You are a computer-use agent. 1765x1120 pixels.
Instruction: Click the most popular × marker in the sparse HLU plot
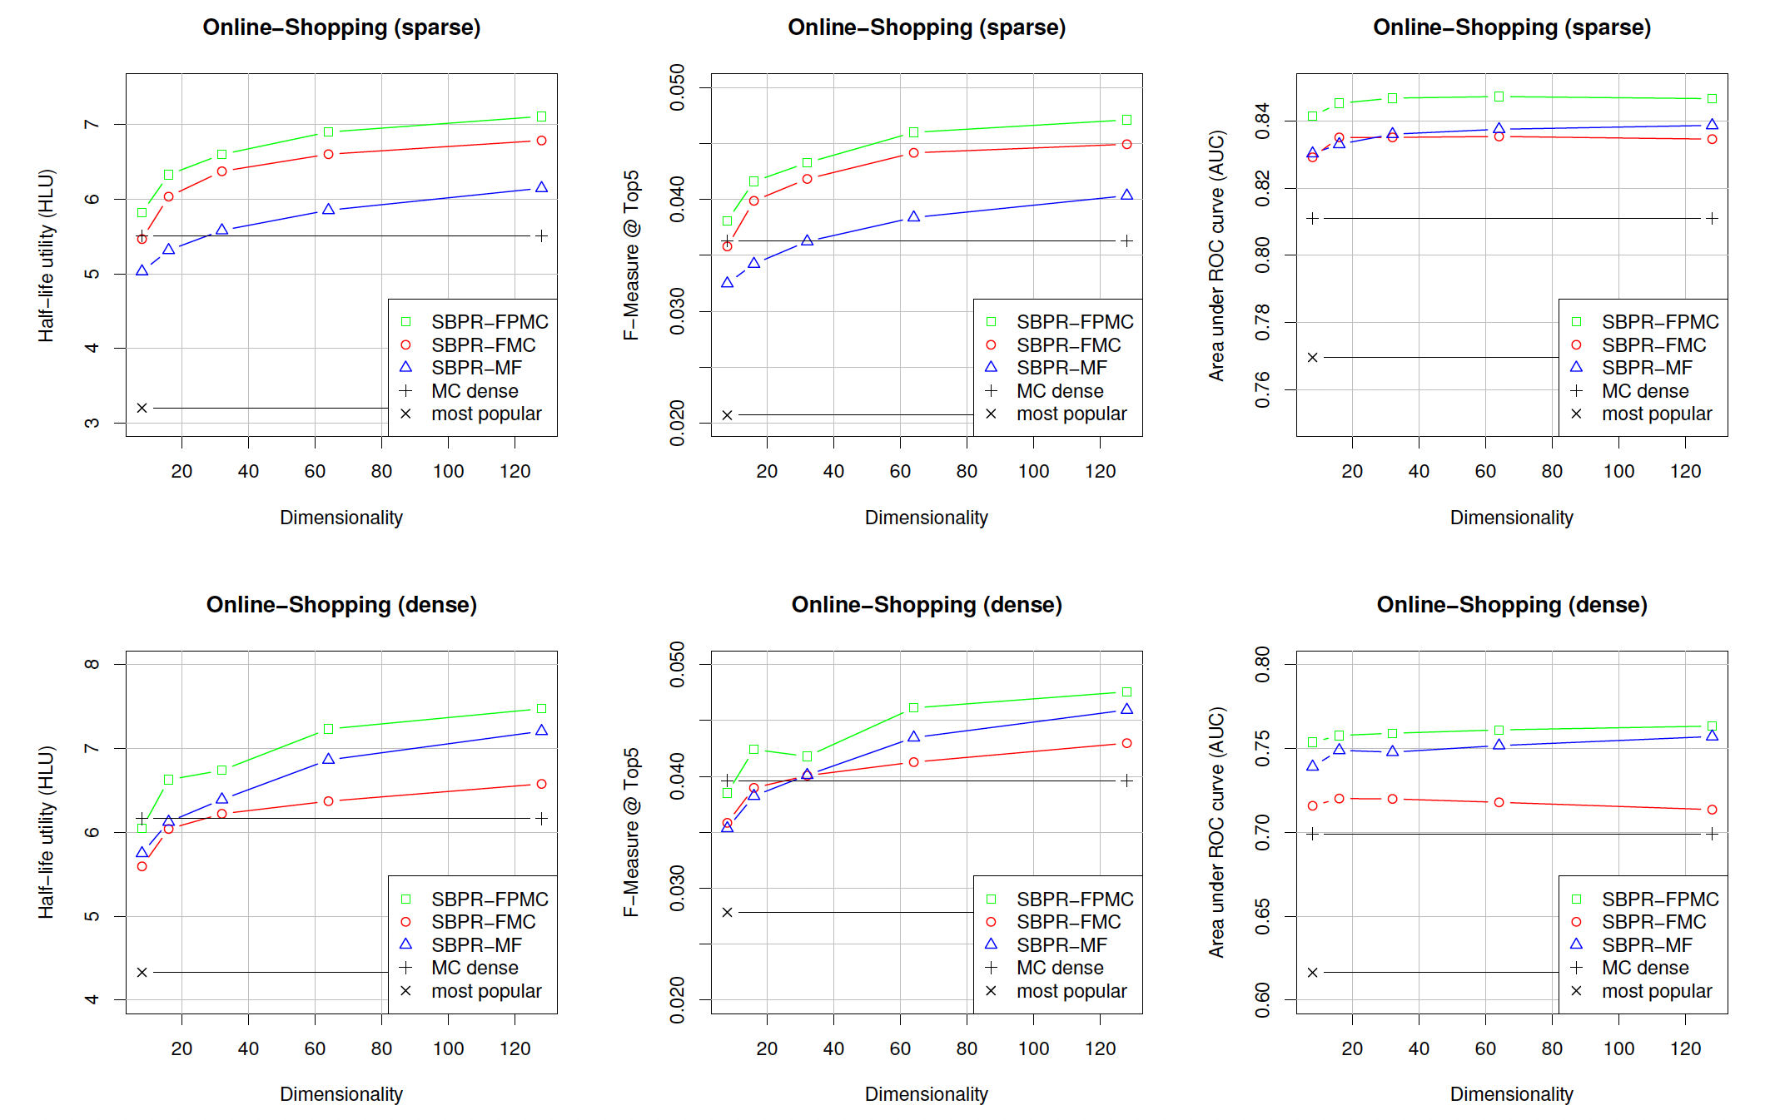pos(142,408)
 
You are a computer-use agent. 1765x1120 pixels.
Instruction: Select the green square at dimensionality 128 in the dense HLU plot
pos(541,709)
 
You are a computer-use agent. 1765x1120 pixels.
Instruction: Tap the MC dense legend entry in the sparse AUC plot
pos(1645,391)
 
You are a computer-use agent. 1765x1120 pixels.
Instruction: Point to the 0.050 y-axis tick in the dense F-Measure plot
pos(678,664)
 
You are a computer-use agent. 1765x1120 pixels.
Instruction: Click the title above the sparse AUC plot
pos(1511,27)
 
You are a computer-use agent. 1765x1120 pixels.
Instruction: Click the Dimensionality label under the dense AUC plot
pos(1511,1094)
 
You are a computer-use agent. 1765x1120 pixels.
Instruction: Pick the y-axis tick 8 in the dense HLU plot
pos(92,664)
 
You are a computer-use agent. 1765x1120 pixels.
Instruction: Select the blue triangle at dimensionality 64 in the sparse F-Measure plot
pos(913,216)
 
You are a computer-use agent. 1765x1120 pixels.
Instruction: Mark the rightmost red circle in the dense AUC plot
pos(1712,810)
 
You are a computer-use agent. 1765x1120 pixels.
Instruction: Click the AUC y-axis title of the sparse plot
pos(1216,255)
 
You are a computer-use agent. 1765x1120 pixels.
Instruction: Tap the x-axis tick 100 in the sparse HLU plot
pos(448,471)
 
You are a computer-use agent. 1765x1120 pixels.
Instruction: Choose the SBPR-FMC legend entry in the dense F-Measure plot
pos(1068,922)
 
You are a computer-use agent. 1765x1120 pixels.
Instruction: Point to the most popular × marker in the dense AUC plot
pos(1312,972)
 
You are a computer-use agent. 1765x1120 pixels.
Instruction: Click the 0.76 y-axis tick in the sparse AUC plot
pos(1263,389)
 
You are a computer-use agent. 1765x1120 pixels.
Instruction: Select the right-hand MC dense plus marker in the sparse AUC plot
pos(1712,218)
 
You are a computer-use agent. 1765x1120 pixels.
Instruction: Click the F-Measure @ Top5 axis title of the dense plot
pos(631,832)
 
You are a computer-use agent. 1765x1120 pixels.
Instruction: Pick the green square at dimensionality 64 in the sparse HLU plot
pos(328,131)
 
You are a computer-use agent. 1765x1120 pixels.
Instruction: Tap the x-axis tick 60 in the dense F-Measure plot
pos(900,1048)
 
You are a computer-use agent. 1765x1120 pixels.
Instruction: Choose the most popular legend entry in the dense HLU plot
pos(486,991)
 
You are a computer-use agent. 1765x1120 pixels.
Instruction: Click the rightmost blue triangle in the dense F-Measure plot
pos(1126,709)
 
